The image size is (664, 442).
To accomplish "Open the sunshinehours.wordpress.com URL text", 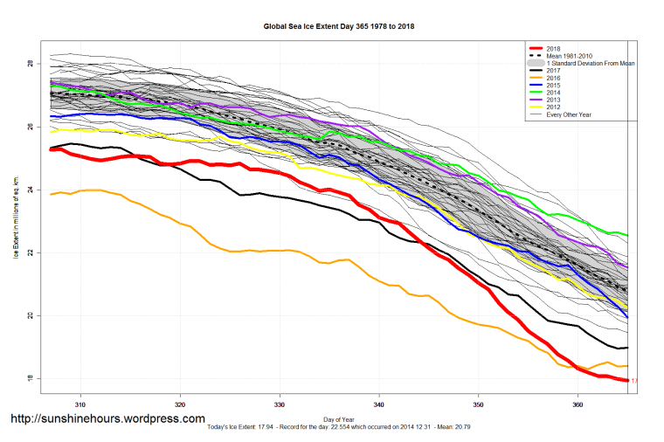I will (107, 419).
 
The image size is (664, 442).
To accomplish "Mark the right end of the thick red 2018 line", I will (626, 380).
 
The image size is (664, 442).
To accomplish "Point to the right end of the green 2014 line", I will (627, 235).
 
